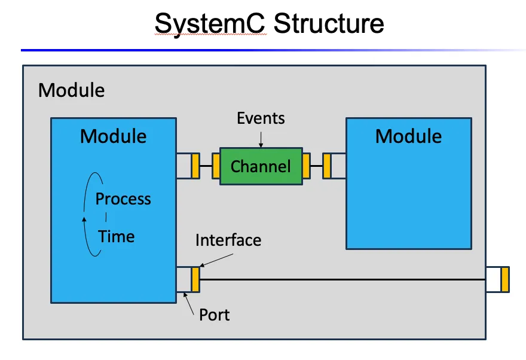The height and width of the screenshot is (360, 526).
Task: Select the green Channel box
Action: pyautogui.click(x=261, y=166)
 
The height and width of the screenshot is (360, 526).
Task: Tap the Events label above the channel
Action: pyautogui.click(x=261, y=118)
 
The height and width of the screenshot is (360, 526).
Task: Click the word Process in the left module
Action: pyautogui.click(x=123, y=199)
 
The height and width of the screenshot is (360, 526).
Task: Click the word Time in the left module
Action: pyautogui.click(x=117, y=236)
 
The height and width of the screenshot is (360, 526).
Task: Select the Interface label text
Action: pyautogui.click(x=228, y=240)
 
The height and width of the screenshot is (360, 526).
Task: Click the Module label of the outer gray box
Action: pyautogui.click(x=71, y=90)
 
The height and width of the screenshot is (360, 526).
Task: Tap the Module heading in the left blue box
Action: pyautogui.click(x=113, y=136)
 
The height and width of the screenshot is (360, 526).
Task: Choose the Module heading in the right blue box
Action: pyautogui.click(x=408, y=136)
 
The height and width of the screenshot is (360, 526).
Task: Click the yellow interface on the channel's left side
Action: pyautogui.click(x=216, y=166)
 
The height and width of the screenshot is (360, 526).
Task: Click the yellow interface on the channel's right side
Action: pyautogui.click(x=306, y=166)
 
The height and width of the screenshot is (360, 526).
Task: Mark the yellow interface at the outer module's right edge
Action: pyautogui.click(x=505, y=280)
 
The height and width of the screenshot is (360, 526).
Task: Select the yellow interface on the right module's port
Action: pyautogui.click(x=327, y=166)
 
